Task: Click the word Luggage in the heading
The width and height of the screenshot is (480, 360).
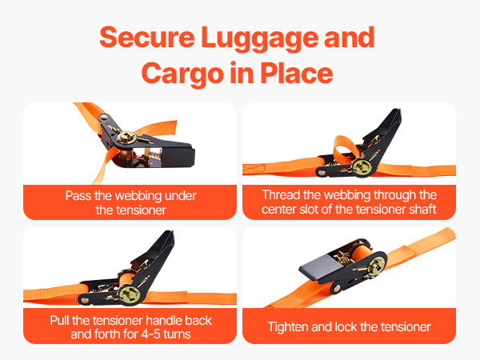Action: point(259,38)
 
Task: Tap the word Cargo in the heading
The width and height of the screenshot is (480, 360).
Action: point(182,74)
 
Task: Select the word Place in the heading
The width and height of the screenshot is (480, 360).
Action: point(297,73)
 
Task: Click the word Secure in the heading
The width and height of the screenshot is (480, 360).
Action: point(147,37)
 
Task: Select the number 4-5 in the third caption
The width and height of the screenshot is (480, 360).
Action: point(150,334)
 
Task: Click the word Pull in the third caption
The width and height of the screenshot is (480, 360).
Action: point(60,320)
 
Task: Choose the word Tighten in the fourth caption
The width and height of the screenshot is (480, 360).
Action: point(288,327)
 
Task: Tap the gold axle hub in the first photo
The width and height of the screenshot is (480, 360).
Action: point(126,138)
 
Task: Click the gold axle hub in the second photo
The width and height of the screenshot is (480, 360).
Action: point(362,167)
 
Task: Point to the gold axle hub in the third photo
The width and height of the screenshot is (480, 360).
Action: point(129,294)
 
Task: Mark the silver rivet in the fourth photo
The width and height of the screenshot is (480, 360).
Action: point(337,288)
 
